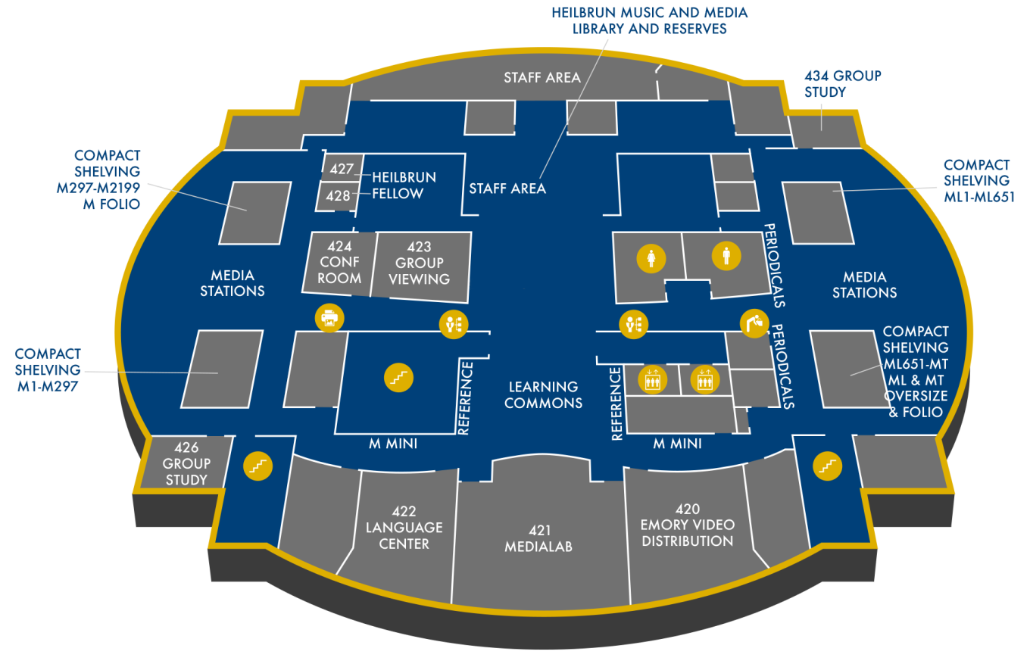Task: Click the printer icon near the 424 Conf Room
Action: pos(329,319)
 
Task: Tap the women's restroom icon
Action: pos(651,258)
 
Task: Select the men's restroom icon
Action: pos(726,256)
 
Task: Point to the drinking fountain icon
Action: pos(754,323)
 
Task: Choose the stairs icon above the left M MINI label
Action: pos(398,376)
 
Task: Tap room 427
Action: pos(336,168)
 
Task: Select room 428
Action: pos(338,195)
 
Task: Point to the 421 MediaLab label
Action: pos(538,538)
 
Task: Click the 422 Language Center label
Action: pos(404,528)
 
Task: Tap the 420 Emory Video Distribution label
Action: pos(686,525)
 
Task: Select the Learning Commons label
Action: pos(543,394)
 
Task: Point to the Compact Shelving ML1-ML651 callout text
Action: pos(976,181)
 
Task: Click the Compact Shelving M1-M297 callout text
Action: pos(47,369)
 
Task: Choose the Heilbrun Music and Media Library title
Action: pos(649,20)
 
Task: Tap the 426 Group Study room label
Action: pos(186,463)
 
